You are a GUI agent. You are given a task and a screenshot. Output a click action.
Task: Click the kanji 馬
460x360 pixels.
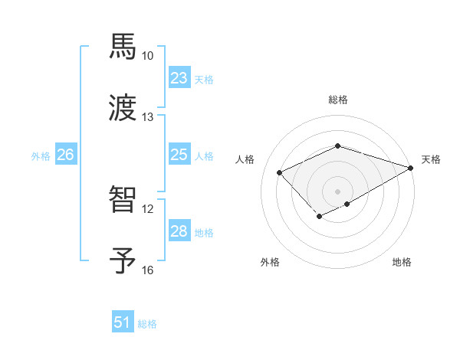click(123, 47)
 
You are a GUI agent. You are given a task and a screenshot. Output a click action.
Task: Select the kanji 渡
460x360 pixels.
click(123, 108)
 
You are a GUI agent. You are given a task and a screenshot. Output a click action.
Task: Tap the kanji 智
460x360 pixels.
click(123, 200)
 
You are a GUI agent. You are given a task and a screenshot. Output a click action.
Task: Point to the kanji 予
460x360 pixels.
click(123, 261)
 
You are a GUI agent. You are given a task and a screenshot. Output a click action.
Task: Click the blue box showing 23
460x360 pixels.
click(179, 78)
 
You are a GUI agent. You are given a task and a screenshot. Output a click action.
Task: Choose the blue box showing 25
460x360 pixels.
click(179, 155)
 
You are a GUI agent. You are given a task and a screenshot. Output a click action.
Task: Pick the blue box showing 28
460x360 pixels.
click(179, 231)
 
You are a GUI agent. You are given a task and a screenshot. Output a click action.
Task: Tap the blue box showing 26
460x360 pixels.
click(65, 155)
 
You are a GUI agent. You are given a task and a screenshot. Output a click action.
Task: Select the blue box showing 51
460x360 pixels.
click(123, 322)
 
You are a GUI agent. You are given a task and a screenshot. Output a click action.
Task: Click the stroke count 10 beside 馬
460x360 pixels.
click(148, 56)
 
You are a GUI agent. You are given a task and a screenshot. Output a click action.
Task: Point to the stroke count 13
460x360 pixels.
click(148, 117)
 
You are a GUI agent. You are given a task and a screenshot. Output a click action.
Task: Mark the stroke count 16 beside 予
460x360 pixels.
click(148, 270)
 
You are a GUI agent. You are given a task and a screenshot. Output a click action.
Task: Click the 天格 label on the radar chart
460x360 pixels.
click(431, 159)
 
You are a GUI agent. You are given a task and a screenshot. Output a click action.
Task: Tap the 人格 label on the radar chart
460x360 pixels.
click(245, 159)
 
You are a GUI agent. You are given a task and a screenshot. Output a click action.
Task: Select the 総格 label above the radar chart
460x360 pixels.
click(338, 100)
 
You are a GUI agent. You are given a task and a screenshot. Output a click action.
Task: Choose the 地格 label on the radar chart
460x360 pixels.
click(402, 263)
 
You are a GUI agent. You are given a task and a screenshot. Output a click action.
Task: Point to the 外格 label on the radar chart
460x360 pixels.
click(270, 263)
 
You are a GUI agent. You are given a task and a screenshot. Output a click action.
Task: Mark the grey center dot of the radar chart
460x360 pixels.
click(338, 191)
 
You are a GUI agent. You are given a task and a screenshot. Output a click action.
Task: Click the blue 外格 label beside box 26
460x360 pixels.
click(41, 155)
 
